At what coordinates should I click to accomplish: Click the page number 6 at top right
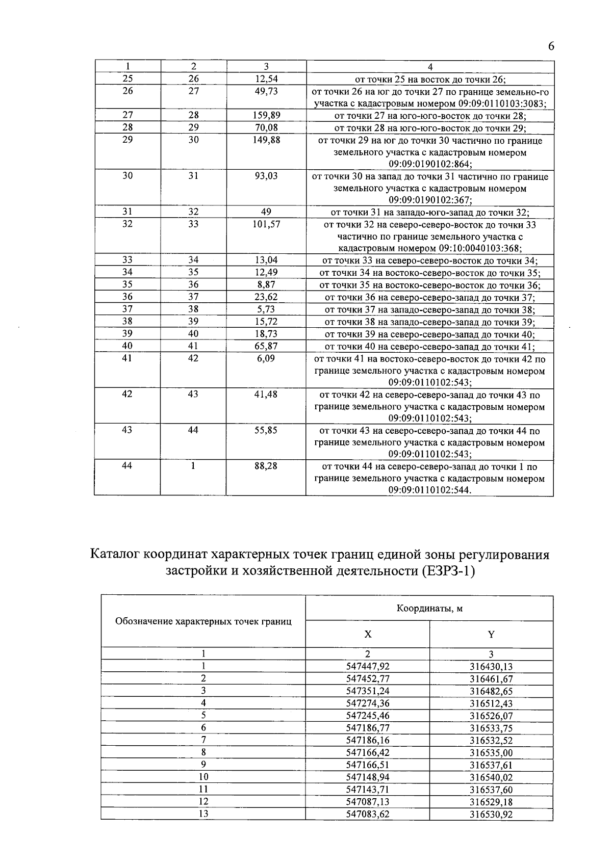(551, 46)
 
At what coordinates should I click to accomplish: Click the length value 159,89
(266, 116)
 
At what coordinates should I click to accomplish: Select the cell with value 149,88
(266, 140)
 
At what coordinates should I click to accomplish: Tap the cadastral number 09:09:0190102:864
(430, 164)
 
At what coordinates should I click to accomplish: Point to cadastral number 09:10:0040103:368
(480, 249)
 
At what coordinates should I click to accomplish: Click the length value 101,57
(266, 224)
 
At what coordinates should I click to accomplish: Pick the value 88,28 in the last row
(266, 466)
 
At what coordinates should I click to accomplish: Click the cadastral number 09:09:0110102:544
(430, 490)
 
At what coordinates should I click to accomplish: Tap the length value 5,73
(266, 309)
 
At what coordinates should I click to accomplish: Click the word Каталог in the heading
(115, 555)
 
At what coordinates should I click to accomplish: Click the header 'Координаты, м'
(429, 608)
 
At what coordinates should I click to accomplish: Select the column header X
(368, 635)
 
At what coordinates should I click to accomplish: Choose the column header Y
(491, 635)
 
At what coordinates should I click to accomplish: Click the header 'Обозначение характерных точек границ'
(203, 621)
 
